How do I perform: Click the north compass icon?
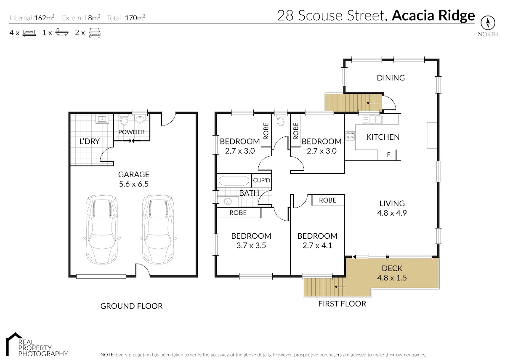488,23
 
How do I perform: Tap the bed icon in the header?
29,33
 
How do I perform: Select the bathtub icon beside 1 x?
62,32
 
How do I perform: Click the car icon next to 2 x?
94,33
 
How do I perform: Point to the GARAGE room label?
134,175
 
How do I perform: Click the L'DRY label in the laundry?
90,141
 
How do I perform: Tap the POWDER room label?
131,132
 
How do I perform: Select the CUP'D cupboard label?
261,180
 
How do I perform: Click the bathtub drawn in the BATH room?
234,181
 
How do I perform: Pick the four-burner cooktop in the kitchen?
350,136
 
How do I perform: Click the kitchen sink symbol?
372,119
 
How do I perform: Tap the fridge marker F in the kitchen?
388,155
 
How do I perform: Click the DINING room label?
391,78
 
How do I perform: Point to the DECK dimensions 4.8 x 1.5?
392,277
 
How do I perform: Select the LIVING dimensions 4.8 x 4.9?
392,213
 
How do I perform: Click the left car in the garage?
102,229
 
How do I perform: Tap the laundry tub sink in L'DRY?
102,119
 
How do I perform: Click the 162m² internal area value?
44,18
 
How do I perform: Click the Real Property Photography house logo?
15,344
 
